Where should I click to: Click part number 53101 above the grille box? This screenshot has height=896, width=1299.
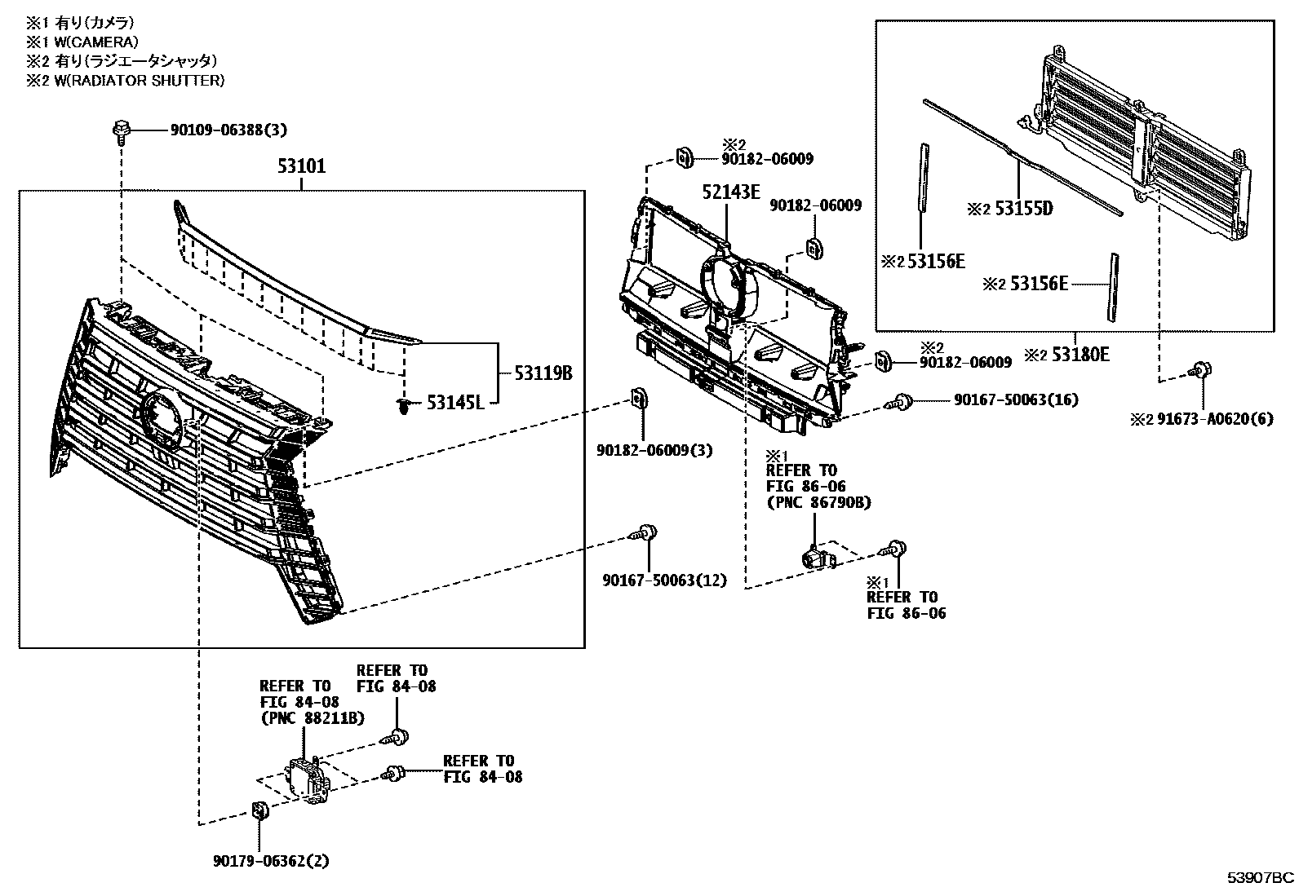[x=301, y=167]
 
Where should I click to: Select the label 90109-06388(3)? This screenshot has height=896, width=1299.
[x=228, y=130]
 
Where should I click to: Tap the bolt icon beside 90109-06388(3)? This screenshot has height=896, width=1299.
[x=119, y=130]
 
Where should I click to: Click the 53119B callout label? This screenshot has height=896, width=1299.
[x=543, y=373]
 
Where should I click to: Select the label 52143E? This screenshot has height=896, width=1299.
[x=731, y=192]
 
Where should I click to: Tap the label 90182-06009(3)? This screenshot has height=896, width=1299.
[x=654, y=450]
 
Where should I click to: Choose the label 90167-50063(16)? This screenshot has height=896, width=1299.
[x=1016, y=399]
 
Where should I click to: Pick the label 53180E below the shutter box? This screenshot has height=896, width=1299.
[x=1080, y=355]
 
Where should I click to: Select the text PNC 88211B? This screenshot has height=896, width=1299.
[x=312, y=718]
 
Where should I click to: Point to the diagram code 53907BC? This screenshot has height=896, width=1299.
[x=1261, y=877]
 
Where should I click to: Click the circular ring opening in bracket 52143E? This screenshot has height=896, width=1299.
[x=729, y=289]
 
